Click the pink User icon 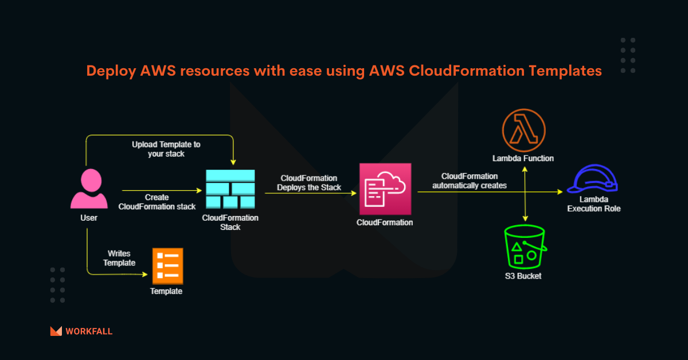89,189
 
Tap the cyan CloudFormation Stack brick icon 230,190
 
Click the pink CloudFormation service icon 385,189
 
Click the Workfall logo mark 56,331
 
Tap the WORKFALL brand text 89,331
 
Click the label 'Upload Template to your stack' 166,149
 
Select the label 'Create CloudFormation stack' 157,202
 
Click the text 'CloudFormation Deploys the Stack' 309,183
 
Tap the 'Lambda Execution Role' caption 593,204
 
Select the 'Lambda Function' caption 523,158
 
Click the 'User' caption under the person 89,218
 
